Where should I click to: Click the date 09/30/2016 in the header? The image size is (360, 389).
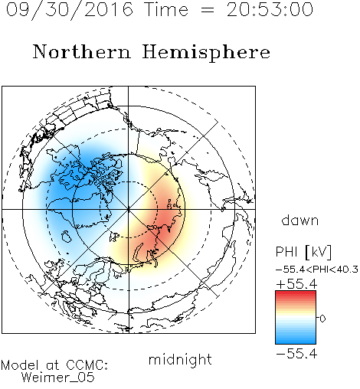tap(70, 10)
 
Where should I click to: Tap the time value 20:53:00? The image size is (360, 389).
tap(270, 9)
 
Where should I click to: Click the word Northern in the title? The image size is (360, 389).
tap(82, 52)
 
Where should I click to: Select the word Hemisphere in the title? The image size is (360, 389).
tap(206, 53)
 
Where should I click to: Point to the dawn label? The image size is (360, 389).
tap(300, 220)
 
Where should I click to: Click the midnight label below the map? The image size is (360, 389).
tap(180, 359)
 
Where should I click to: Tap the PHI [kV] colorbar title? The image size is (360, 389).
tap(304, 252)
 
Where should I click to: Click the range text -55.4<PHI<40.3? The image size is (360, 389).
tap(317, 270)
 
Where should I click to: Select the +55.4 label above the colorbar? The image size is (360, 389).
tap(296, 284)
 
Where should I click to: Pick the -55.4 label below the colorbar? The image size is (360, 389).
tap(296, 354)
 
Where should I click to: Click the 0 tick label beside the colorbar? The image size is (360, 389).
tap(322, 319)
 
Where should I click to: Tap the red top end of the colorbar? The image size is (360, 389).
tap(296, 293)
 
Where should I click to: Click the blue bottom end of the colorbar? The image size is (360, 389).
tap(296, 342)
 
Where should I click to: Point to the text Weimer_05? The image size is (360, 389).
tap(58, 378)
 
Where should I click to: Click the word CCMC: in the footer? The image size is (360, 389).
tap(87, 365)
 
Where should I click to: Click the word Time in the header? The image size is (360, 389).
tap(166, 9)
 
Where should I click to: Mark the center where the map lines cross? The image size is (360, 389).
tap(129, 209)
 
